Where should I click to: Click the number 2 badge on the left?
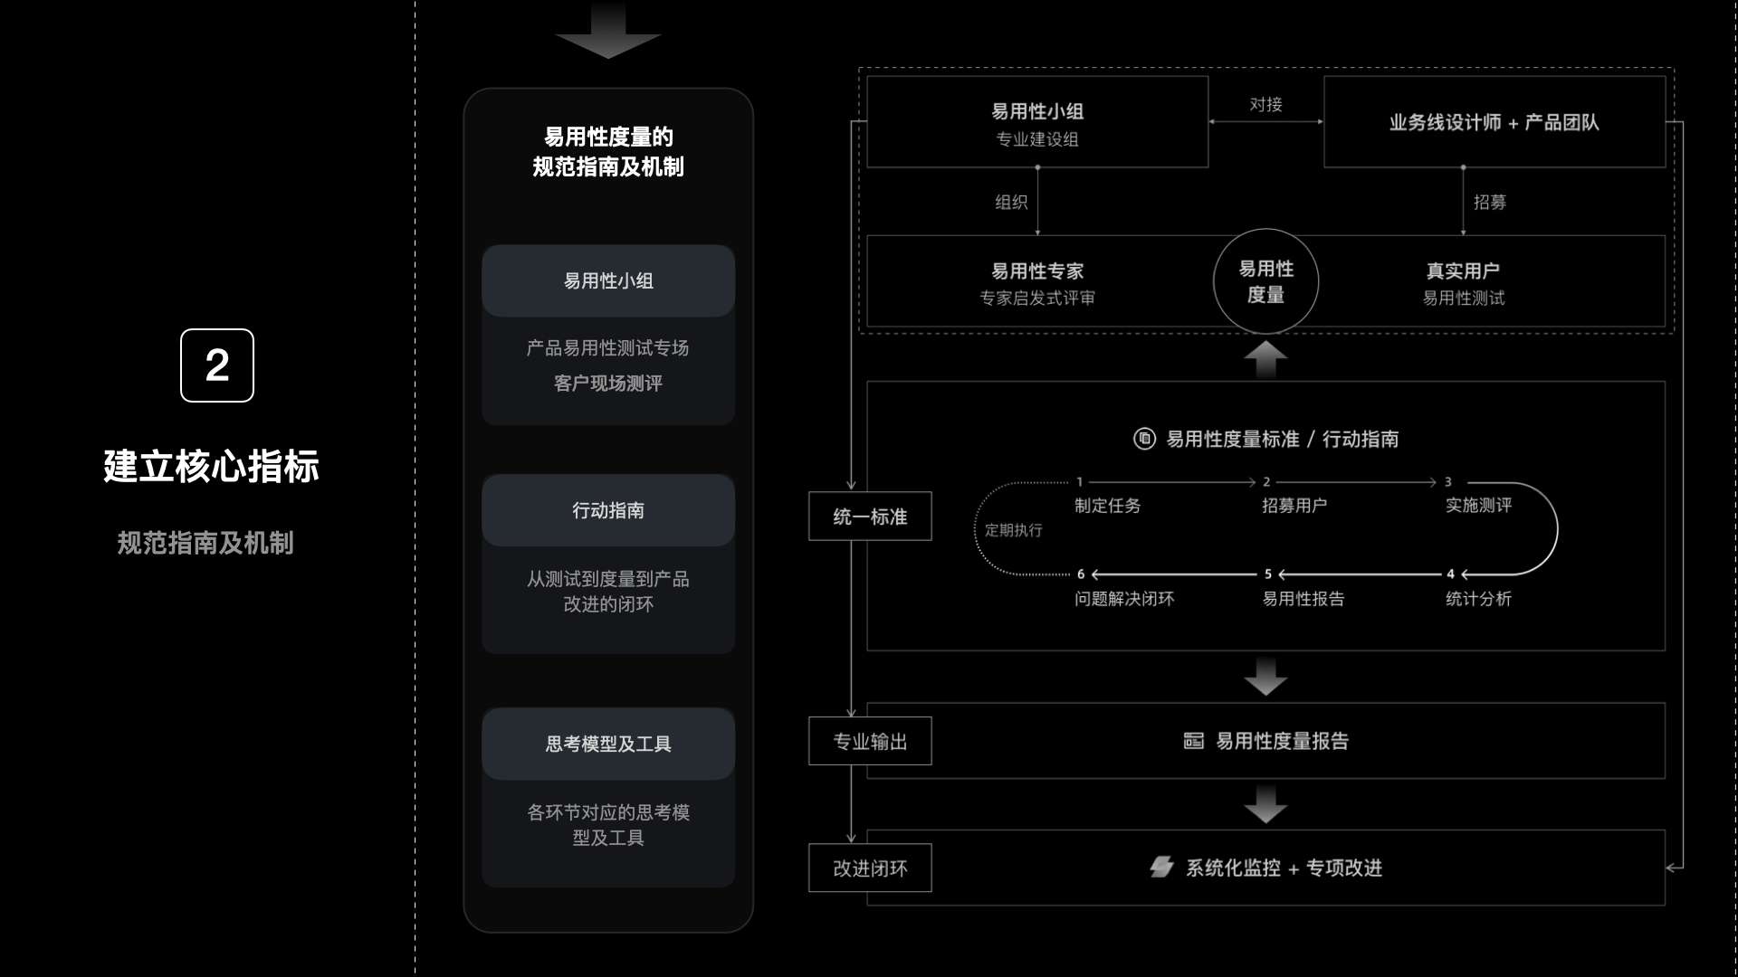tap(217, 365)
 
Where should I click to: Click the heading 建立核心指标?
tap(211, 467)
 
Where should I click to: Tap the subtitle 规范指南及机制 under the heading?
tap(205, 543)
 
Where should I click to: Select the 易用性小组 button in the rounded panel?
tap(608, 281)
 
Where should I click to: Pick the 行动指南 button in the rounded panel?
tap(608, 511)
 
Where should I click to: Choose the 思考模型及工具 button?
tap(608, 745)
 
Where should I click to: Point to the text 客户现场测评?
tap(608, 384)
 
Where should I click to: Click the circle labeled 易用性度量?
tap(1265, 281)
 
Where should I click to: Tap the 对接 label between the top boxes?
tap(1265, 105)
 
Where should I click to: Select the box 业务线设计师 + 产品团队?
tap(1494, 122)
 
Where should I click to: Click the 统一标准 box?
tap(870, 517)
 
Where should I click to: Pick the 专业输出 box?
tap(870, 742)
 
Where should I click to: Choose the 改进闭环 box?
tap(870, 868)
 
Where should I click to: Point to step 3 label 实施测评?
tap(1478, 506)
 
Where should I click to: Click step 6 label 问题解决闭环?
tap(1124, 599)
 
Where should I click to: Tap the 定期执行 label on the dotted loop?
tap(1013, 530)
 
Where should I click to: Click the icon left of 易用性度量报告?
tap(1194, 741)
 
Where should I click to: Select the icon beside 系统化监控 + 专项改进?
tap(1161, 867)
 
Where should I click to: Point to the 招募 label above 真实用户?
tap(1489, 203)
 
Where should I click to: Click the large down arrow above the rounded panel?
tap(608, 33)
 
